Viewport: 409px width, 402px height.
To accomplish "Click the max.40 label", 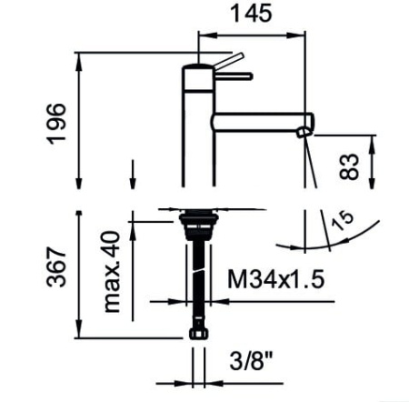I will click(x=113, y=271).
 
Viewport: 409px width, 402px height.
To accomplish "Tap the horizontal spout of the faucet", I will click(x=259, y=122).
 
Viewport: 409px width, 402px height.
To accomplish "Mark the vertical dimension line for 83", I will click(x=374, y=164).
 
